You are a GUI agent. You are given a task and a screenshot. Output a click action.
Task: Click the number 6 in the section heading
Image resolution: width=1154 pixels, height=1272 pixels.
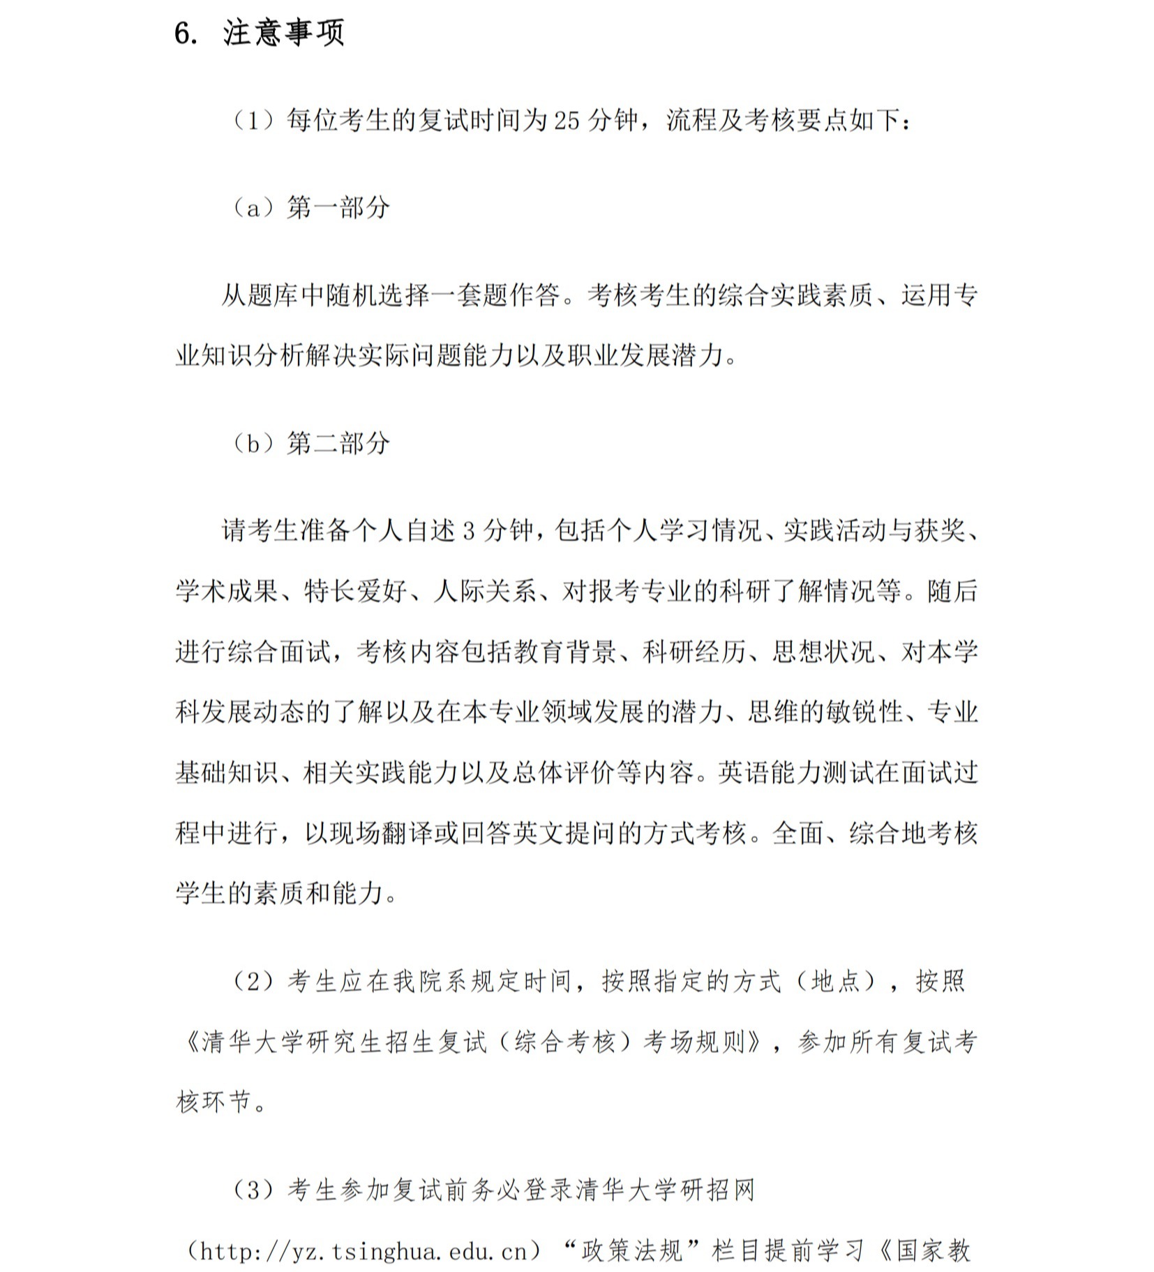(x=183, y=33)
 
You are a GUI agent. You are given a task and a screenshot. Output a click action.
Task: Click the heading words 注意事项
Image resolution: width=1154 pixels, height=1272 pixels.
(x=283, y=33)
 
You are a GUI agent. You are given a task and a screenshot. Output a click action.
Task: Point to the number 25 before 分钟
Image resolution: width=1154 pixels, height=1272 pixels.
(x=567, y=121)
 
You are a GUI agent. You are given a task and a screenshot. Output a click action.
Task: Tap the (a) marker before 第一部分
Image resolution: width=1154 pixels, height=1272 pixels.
(x=253, y=207)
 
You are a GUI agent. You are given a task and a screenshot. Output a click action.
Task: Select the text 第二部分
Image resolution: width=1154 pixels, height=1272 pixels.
(x=338, y=443)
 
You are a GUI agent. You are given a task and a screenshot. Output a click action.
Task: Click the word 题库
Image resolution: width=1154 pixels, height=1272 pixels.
(x=273, y=296)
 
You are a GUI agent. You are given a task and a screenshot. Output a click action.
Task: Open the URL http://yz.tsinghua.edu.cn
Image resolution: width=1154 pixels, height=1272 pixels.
(x=364, y=1251)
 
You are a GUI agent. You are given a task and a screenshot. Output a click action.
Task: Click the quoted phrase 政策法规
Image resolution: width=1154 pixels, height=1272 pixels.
(x=631, y=1251)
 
